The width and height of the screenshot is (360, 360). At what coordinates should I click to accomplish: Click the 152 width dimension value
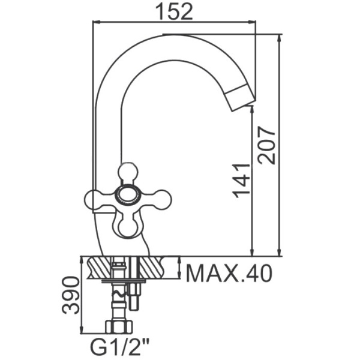click(x=174, y=11)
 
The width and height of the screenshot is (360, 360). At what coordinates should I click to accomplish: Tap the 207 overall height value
click(x=266, y=145)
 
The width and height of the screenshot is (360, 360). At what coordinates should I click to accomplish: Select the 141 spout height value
click(x=241, y=181)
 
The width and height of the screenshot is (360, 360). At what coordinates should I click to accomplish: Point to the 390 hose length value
click(x=71, y=295)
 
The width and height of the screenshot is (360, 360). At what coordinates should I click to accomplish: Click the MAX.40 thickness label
click(x=229, y=274)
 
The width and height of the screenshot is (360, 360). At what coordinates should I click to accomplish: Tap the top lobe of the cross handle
click(x=128, y=171)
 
